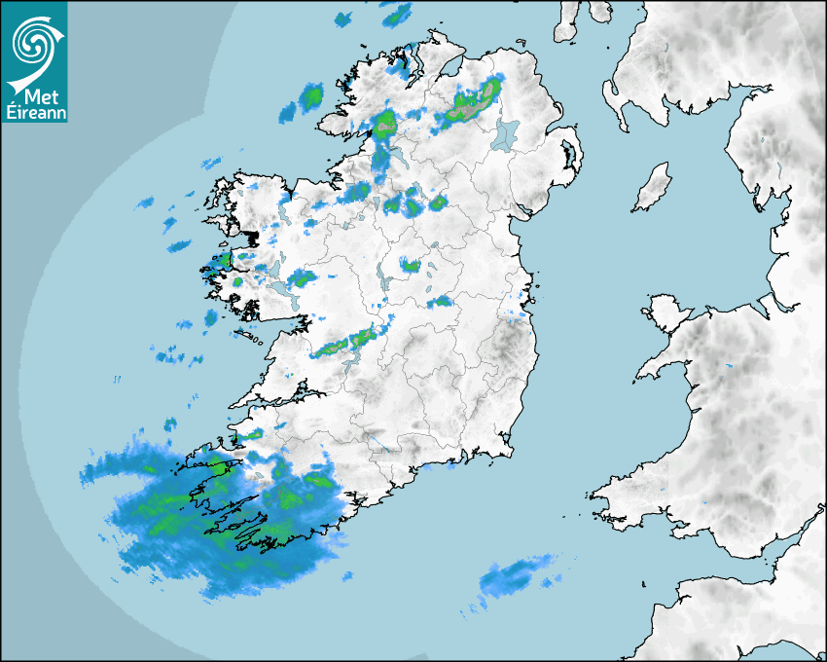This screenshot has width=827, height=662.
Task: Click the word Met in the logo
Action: (x=41, y=98)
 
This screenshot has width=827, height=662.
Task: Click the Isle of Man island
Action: (x=653, y=187)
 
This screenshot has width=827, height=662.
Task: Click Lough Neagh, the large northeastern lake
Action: (x=505, y=133)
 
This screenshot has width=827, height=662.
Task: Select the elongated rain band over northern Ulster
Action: (x=469, y=104)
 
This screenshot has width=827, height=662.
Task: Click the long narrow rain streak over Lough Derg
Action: (x=345, y=343)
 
